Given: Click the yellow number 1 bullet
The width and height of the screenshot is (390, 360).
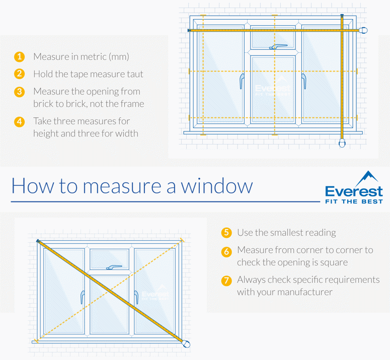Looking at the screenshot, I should [19, 56].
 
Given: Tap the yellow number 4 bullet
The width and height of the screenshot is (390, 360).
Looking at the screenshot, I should [19, 121].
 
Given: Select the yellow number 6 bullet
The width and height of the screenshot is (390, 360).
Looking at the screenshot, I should [226, 250].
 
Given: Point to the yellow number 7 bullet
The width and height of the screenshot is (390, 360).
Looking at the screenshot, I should [226, 280].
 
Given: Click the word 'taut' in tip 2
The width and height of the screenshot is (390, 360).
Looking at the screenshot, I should [134, 74].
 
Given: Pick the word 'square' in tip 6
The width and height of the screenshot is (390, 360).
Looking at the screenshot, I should [334, 262].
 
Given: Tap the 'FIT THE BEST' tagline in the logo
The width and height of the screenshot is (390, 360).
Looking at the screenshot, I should [354, 201].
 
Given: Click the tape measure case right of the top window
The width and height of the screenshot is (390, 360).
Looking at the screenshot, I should [363, 30].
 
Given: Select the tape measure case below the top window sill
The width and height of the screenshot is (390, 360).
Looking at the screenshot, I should [342, 143].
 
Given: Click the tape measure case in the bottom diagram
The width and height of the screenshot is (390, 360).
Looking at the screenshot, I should [187, 344].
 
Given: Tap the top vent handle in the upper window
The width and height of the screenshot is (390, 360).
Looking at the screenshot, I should [278, 47].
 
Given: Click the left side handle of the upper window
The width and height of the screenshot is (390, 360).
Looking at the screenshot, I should [243, 81].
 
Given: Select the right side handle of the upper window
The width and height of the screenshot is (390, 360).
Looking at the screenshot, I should [304, 81].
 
